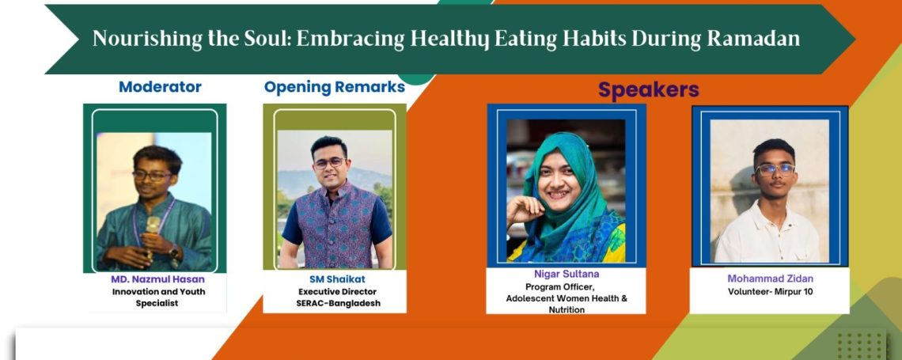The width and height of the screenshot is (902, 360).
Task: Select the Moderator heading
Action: click(x=160, y=87)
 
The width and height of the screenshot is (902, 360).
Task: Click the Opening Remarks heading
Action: click(x=334, y=87)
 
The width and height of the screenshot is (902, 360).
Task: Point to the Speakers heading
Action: click(x=648, y=89)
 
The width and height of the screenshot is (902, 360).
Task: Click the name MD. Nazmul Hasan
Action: click(x=157, y=279)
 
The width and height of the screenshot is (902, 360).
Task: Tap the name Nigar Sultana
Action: click(x=567, y=275)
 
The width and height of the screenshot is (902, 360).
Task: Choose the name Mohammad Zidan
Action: click(x=771, y=279)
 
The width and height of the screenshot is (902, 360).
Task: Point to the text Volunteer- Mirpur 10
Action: click(x=771, y=292)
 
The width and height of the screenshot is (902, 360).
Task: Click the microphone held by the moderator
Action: click(x=152, y=233)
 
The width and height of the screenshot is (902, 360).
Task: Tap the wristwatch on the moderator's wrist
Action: click(x=174, y=252)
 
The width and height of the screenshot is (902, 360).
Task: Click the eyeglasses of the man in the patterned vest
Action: click(x=329, y=163)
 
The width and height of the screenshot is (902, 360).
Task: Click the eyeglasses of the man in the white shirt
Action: click(x=775, y=169)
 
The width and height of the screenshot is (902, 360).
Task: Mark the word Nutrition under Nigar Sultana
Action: click(x=567, y=309)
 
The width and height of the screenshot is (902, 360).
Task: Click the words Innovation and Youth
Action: click(x=158, y=292)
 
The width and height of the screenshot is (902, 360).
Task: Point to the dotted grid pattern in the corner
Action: click(x=861, y=344)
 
